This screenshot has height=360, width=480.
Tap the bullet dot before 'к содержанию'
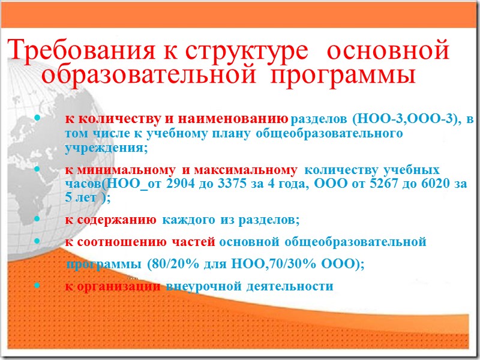(x=38, y=220)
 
